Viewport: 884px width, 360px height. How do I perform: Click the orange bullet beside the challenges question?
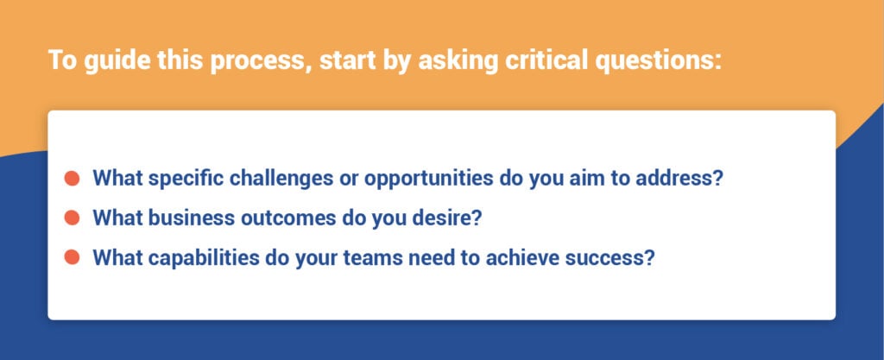[73, 179]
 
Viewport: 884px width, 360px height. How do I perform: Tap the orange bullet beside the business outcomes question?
[73, 218]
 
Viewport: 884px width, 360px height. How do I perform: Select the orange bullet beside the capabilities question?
[73, 256]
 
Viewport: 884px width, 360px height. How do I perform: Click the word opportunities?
[430, 179]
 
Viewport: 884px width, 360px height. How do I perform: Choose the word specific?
[184, 179]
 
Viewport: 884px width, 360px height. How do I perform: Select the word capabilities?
[205, 256]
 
